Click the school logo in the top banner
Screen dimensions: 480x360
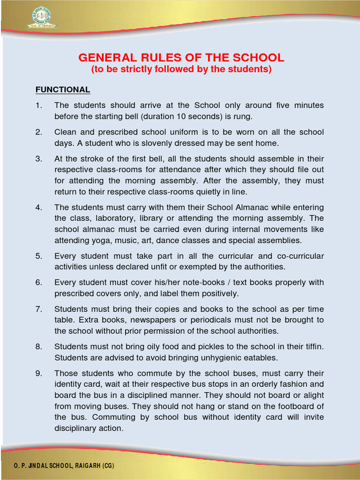pyautogui.click(x=41, y=17)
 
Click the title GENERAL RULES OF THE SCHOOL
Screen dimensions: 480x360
pyautogui.click(x=181, y=58)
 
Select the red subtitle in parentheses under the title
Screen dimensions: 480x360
pyautogui.click(x=181, y=69)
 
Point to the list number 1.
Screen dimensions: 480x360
pyautogui.click(x=38, y=105)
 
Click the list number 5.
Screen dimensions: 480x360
pyautogui.click(x=38, y=256)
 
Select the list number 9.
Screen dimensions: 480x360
pyautogui.click(x=38, y=374)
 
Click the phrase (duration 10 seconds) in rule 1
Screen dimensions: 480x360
pyautogui.click(x=183, y=116)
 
